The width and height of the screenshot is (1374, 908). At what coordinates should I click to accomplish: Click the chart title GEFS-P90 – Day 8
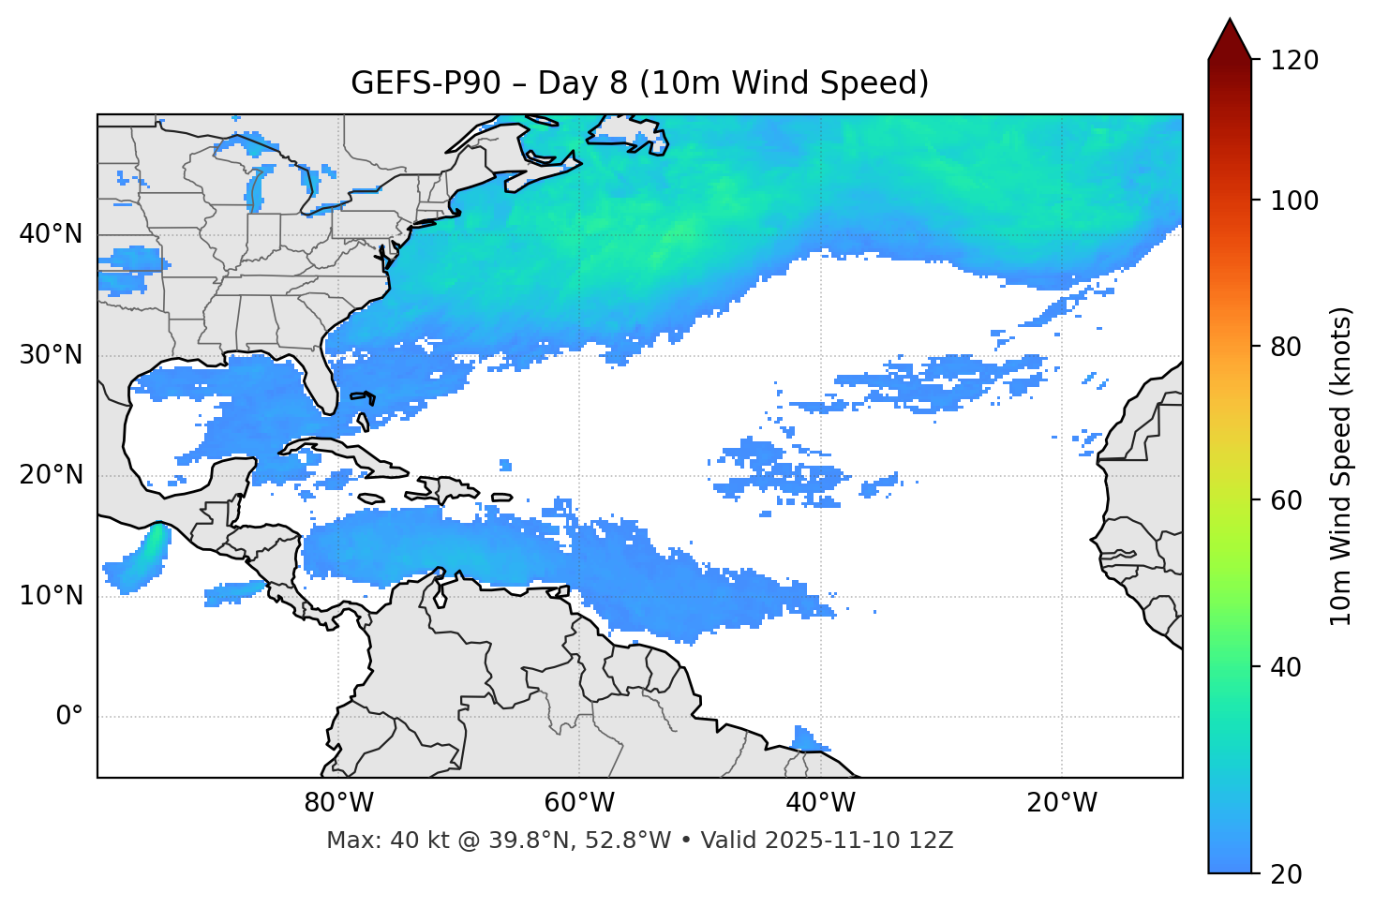point(639,83)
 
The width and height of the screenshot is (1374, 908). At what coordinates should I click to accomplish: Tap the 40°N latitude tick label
point(51,234)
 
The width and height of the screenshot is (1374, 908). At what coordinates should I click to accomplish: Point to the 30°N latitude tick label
point(51,355)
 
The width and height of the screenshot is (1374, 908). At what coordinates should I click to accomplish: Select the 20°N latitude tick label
point(51,475)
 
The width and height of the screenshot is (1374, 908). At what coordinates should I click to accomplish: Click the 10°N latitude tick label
point(51,596)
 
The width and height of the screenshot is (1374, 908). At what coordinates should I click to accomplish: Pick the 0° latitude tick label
point(68,717)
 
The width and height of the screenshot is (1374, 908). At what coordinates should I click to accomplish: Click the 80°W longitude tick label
point(338,803)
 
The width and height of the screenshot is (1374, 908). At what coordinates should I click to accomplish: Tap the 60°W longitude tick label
point(579,803)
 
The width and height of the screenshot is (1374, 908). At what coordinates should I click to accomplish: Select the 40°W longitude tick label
point(820,803)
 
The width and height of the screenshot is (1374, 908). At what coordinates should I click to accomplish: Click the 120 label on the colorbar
point(1295,61)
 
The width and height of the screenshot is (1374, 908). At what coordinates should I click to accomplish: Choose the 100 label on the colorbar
point(1295,201)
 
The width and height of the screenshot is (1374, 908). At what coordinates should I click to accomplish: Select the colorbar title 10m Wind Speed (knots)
point(1341,466)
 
